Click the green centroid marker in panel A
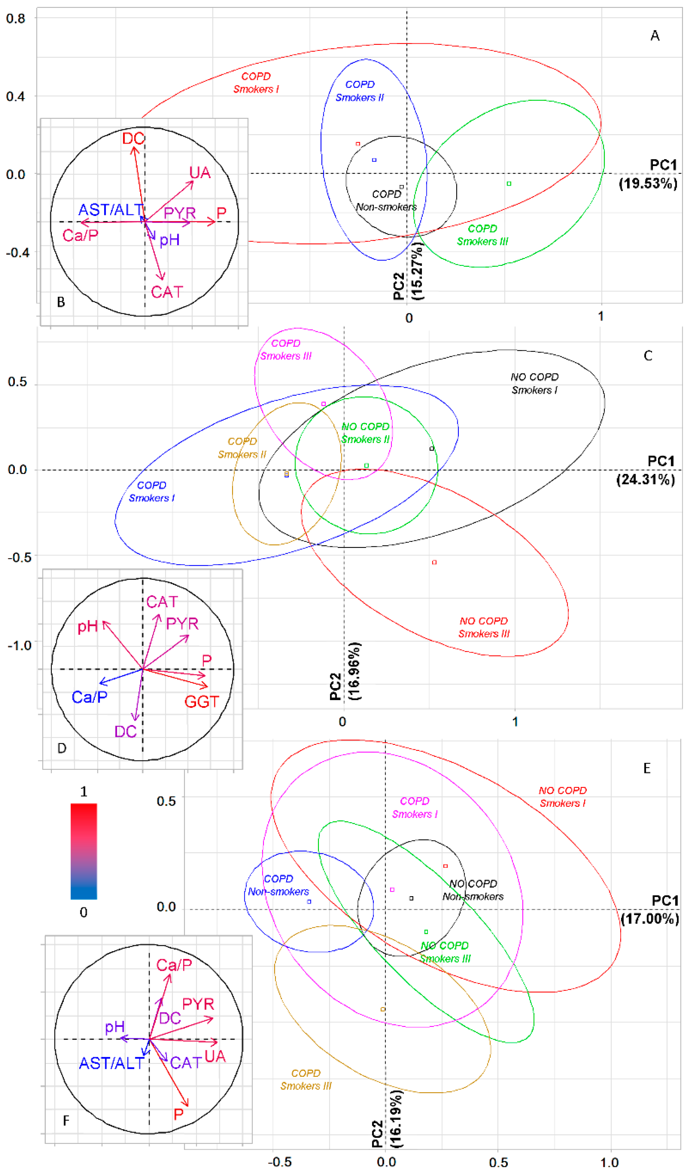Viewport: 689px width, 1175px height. (509, 184)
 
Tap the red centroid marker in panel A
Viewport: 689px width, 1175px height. (358, 144)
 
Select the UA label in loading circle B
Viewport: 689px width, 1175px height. (200, 173)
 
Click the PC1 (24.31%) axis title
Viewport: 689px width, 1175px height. (646, 471)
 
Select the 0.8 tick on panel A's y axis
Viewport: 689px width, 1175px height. (15, 19)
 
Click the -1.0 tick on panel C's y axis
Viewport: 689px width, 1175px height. (20, 646)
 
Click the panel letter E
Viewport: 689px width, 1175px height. (647, 768)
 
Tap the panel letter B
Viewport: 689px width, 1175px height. (61, 302)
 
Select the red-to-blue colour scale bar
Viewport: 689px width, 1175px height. (84, 851)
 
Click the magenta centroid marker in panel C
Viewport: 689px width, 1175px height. (324, 404)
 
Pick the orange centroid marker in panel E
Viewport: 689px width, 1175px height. (383, 1010)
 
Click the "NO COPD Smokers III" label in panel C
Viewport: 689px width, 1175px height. (484, 627)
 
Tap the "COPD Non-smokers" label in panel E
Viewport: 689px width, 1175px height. (278, 885)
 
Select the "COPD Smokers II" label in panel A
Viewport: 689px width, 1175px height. (360, 91)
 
